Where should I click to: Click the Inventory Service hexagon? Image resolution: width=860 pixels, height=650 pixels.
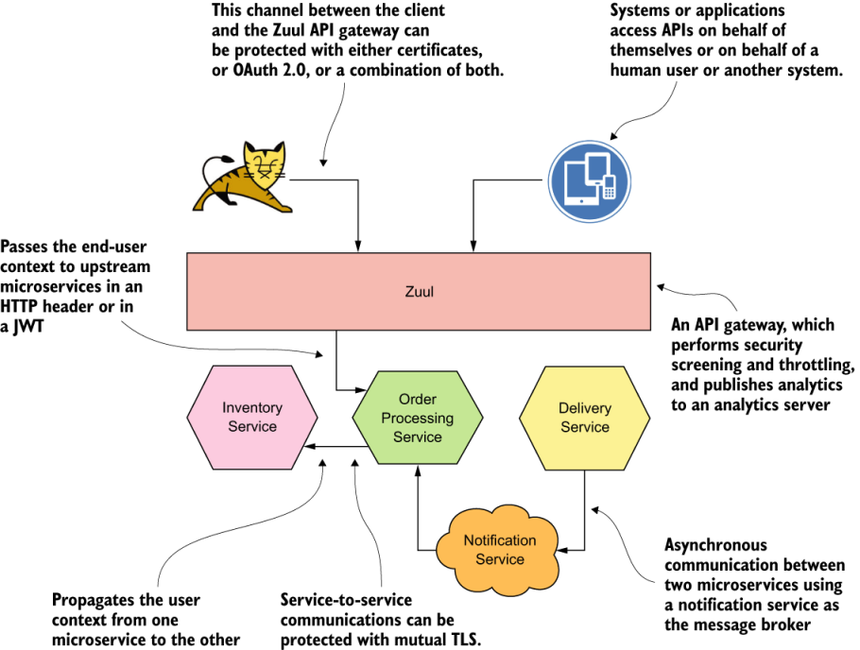pyautogui.click(x=251, y=417)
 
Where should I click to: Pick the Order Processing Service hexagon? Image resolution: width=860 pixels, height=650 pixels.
pyautogui.click(x=417, y=418)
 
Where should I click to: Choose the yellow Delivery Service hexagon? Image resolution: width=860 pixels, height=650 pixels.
pyautogui.click(x=584, y=417)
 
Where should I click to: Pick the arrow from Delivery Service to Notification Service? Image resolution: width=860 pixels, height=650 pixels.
pyautogui.click(x=584, y=510)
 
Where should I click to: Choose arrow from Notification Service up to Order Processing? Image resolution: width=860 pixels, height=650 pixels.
pyautogui.click(x=417, y=510)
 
